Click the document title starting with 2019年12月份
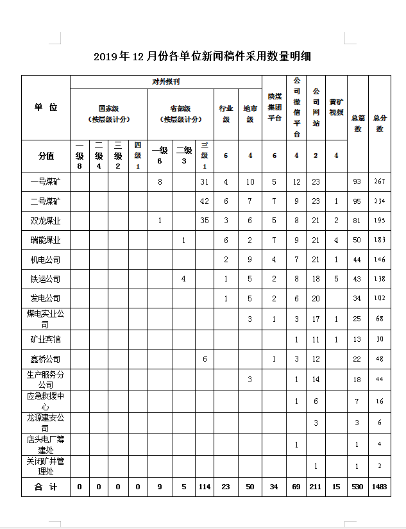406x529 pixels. tap(202, 56)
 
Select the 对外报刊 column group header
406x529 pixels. tap(165, 82)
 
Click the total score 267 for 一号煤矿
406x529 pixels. tap(380, 181)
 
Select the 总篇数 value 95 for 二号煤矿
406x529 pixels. tap(357, 201)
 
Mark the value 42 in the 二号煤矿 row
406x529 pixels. tap(205, 201)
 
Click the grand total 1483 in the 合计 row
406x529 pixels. tap(380, 487)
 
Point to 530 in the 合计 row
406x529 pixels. tap(357, 487)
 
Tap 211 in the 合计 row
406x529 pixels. tap(316, 487)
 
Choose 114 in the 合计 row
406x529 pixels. tap(205, 487)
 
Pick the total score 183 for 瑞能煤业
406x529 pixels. tap(380, 240)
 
